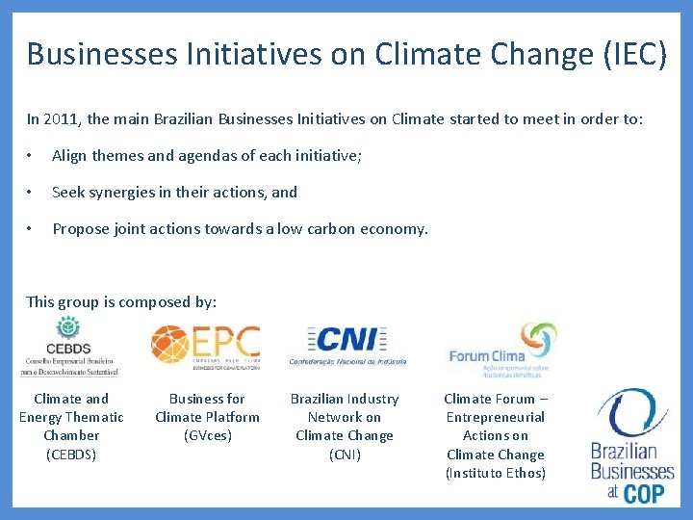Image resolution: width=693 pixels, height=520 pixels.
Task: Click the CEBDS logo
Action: click(x=69, y=347)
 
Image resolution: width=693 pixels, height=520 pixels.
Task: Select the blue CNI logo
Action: click(x=347, y=345)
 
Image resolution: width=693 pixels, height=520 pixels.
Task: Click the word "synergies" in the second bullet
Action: click(x=130, y=192)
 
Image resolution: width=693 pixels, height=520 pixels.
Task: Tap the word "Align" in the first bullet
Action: click(x=71, y=155)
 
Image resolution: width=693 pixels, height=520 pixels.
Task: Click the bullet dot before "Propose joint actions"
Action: click(x=32, y=228)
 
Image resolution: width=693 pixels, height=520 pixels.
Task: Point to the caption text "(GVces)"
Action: click(x=207, y=435)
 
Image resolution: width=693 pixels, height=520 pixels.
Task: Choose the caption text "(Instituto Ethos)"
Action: click(x=495, y=473)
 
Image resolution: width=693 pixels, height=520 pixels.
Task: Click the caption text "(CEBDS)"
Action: click(x=71, y=455)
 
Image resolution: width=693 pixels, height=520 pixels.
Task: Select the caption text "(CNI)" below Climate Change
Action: click(x=345, y=455)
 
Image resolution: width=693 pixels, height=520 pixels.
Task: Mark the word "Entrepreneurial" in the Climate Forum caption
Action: click(x=495, y=417)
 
